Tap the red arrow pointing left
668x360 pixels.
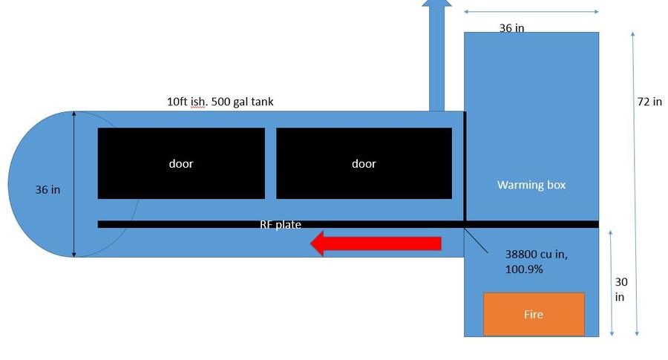pos(379,243)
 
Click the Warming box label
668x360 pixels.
pos(531,185)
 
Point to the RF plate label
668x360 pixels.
pos(281,224)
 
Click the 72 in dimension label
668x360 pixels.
pos(649,102)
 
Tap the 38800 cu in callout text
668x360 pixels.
pos(536,254)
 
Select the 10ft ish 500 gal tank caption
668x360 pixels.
pos(220,101)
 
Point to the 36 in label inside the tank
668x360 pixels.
pos(48,190)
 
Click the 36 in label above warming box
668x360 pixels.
pos(511,28)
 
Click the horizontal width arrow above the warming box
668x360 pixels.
pos(531,12)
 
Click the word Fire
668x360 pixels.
pos(534,315)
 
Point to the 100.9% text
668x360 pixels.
pos(524,269)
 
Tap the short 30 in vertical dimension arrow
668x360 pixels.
pos(611,283)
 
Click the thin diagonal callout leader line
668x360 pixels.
pos(476,242)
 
